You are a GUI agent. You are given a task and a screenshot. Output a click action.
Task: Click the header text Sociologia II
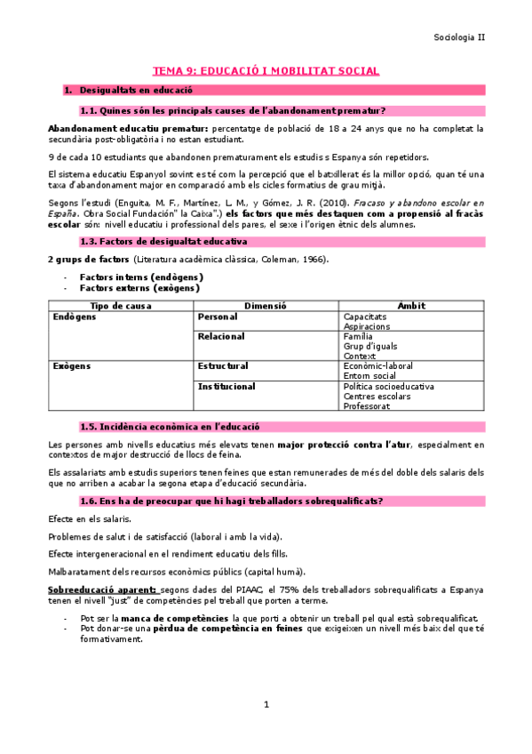point(459,37)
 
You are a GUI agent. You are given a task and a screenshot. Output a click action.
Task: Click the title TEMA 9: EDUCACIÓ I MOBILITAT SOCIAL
point(266,70)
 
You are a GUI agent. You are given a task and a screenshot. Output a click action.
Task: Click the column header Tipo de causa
point(120,305)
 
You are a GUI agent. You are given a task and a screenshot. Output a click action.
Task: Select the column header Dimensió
point(266,305)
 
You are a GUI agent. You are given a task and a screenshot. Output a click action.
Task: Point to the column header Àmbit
point(411,305)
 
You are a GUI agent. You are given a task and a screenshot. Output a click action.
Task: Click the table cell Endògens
point(74,316)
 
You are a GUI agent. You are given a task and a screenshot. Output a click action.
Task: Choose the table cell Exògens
point(71,365)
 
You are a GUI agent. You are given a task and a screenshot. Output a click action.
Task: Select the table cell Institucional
point(226,386)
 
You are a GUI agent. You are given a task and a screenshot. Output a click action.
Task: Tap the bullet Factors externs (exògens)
point(139,288)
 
